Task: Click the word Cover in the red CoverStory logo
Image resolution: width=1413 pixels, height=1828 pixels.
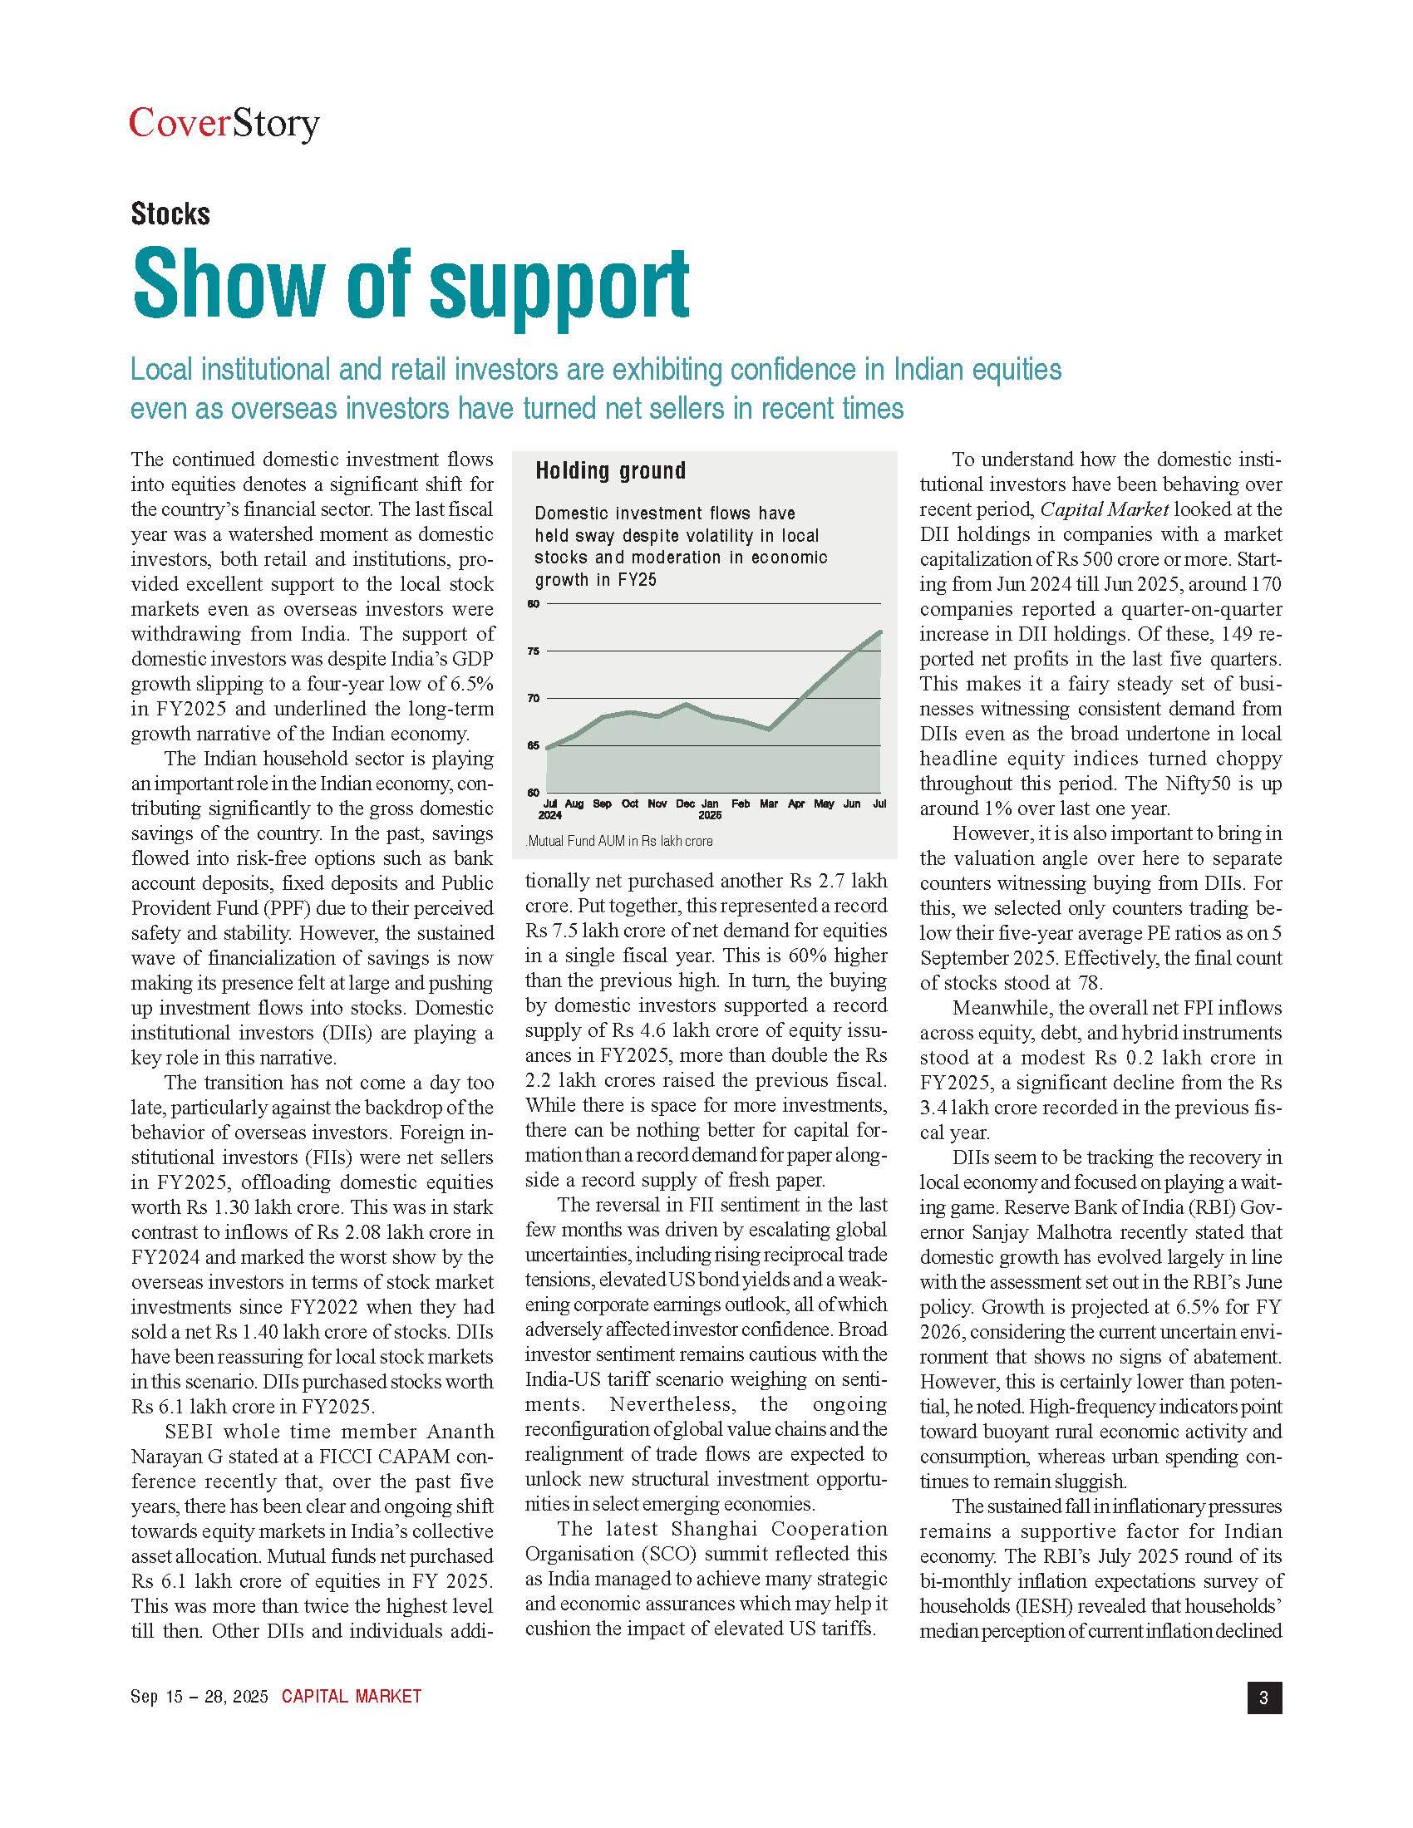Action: pos(180,123)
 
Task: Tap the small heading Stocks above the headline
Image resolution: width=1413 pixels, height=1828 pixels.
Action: pos(170,214)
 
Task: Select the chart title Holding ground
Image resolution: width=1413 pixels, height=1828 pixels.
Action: pos(610,470)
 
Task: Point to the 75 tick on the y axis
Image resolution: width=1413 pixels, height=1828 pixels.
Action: pos(534,651)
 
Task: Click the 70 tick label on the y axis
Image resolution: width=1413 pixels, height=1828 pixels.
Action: pos(534,698)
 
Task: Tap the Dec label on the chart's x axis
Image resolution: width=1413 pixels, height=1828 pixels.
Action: pos(685,803)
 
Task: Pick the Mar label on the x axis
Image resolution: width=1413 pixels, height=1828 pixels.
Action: pos(769,803)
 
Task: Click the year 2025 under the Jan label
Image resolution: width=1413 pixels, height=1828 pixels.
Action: pos(710,815)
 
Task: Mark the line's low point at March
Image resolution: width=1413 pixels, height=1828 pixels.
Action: pos(770,730)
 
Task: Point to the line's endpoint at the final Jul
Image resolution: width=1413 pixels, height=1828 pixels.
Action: pos(879,632)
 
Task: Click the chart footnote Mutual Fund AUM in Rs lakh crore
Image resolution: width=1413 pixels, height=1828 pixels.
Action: pos(619,841)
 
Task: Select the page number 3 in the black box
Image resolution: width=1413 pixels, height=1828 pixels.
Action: pos(1264,1698)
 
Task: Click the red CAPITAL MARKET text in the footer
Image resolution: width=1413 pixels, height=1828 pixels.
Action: pos(352,1697)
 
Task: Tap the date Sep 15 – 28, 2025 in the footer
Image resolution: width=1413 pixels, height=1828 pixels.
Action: pos(199,1697)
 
